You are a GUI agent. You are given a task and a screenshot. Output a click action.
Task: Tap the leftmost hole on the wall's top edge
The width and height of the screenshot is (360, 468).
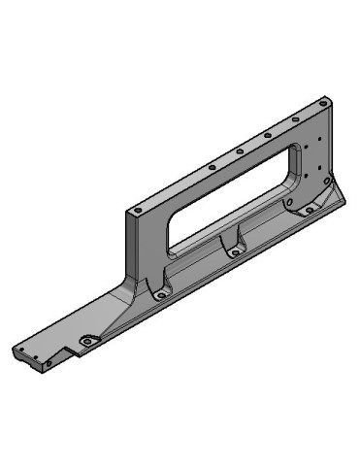coord(138,208)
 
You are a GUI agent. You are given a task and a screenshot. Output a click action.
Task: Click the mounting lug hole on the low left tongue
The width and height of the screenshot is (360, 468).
coord(85,342)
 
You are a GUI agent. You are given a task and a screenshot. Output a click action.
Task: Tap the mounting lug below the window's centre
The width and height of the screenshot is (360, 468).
coord(234,251)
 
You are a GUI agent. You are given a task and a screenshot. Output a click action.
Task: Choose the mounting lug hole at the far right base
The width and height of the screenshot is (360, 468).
coord(310,208)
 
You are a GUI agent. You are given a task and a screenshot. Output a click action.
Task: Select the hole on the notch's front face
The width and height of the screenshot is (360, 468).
coord(49,364)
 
